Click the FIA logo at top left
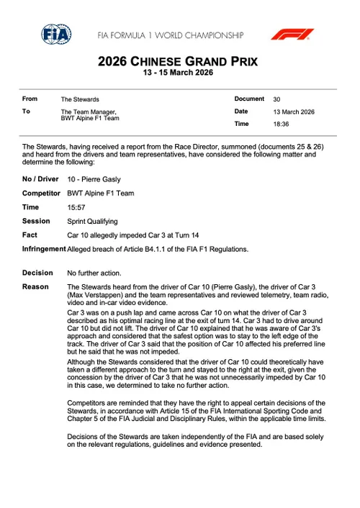[x=55, y=34]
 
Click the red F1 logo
[x=292, y=34]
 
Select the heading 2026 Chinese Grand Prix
[x=178, y=62]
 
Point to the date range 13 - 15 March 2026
[x=178, y=73]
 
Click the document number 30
[x=277, y=99]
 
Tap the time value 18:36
[x=281, y=124]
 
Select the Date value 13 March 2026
[x=293, y=112]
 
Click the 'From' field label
[x=30, y=99]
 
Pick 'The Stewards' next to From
[x=80, y=99]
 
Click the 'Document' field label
[x=249, y=99]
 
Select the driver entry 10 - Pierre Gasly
[x=94, y=179]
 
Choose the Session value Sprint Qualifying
[x=92, y=221]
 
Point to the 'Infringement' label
[x=43, y=249]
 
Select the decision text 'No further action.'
[x=94, y=273]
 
